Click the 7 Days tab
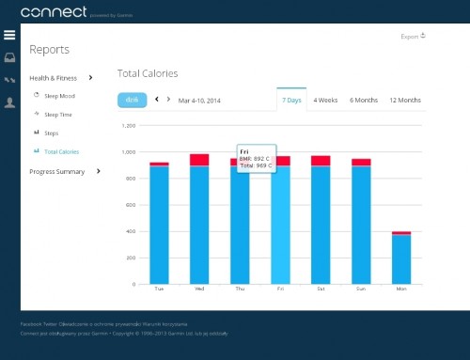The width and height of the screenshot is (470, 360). point(291,99)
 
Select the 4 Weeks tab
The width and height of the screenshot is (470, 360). point(325,99)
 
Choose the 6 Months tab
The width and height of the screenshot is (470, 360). point(364,99)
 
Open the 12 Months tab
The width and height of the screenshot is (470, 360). point(404,99)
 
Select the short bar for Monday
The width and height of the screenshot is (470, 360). point(401,259)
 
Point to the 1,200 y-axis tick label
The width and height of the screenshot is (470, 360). point(129,125)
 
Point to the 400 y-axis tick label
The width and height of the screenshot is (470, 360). point(132,231)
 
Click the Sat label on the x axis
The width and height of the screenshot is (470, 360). point(321,289)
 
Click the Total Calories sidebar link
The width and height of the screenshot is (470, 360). point(61,150)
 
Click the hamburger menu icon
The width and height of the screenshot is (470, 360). point(9,36)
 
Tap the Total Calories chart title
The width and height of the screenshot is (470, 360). point(147,73)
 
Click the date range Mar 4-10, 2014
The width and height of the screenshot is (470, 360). point(200,99)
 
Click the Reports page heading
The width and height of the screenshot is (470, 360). point(48,49)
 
